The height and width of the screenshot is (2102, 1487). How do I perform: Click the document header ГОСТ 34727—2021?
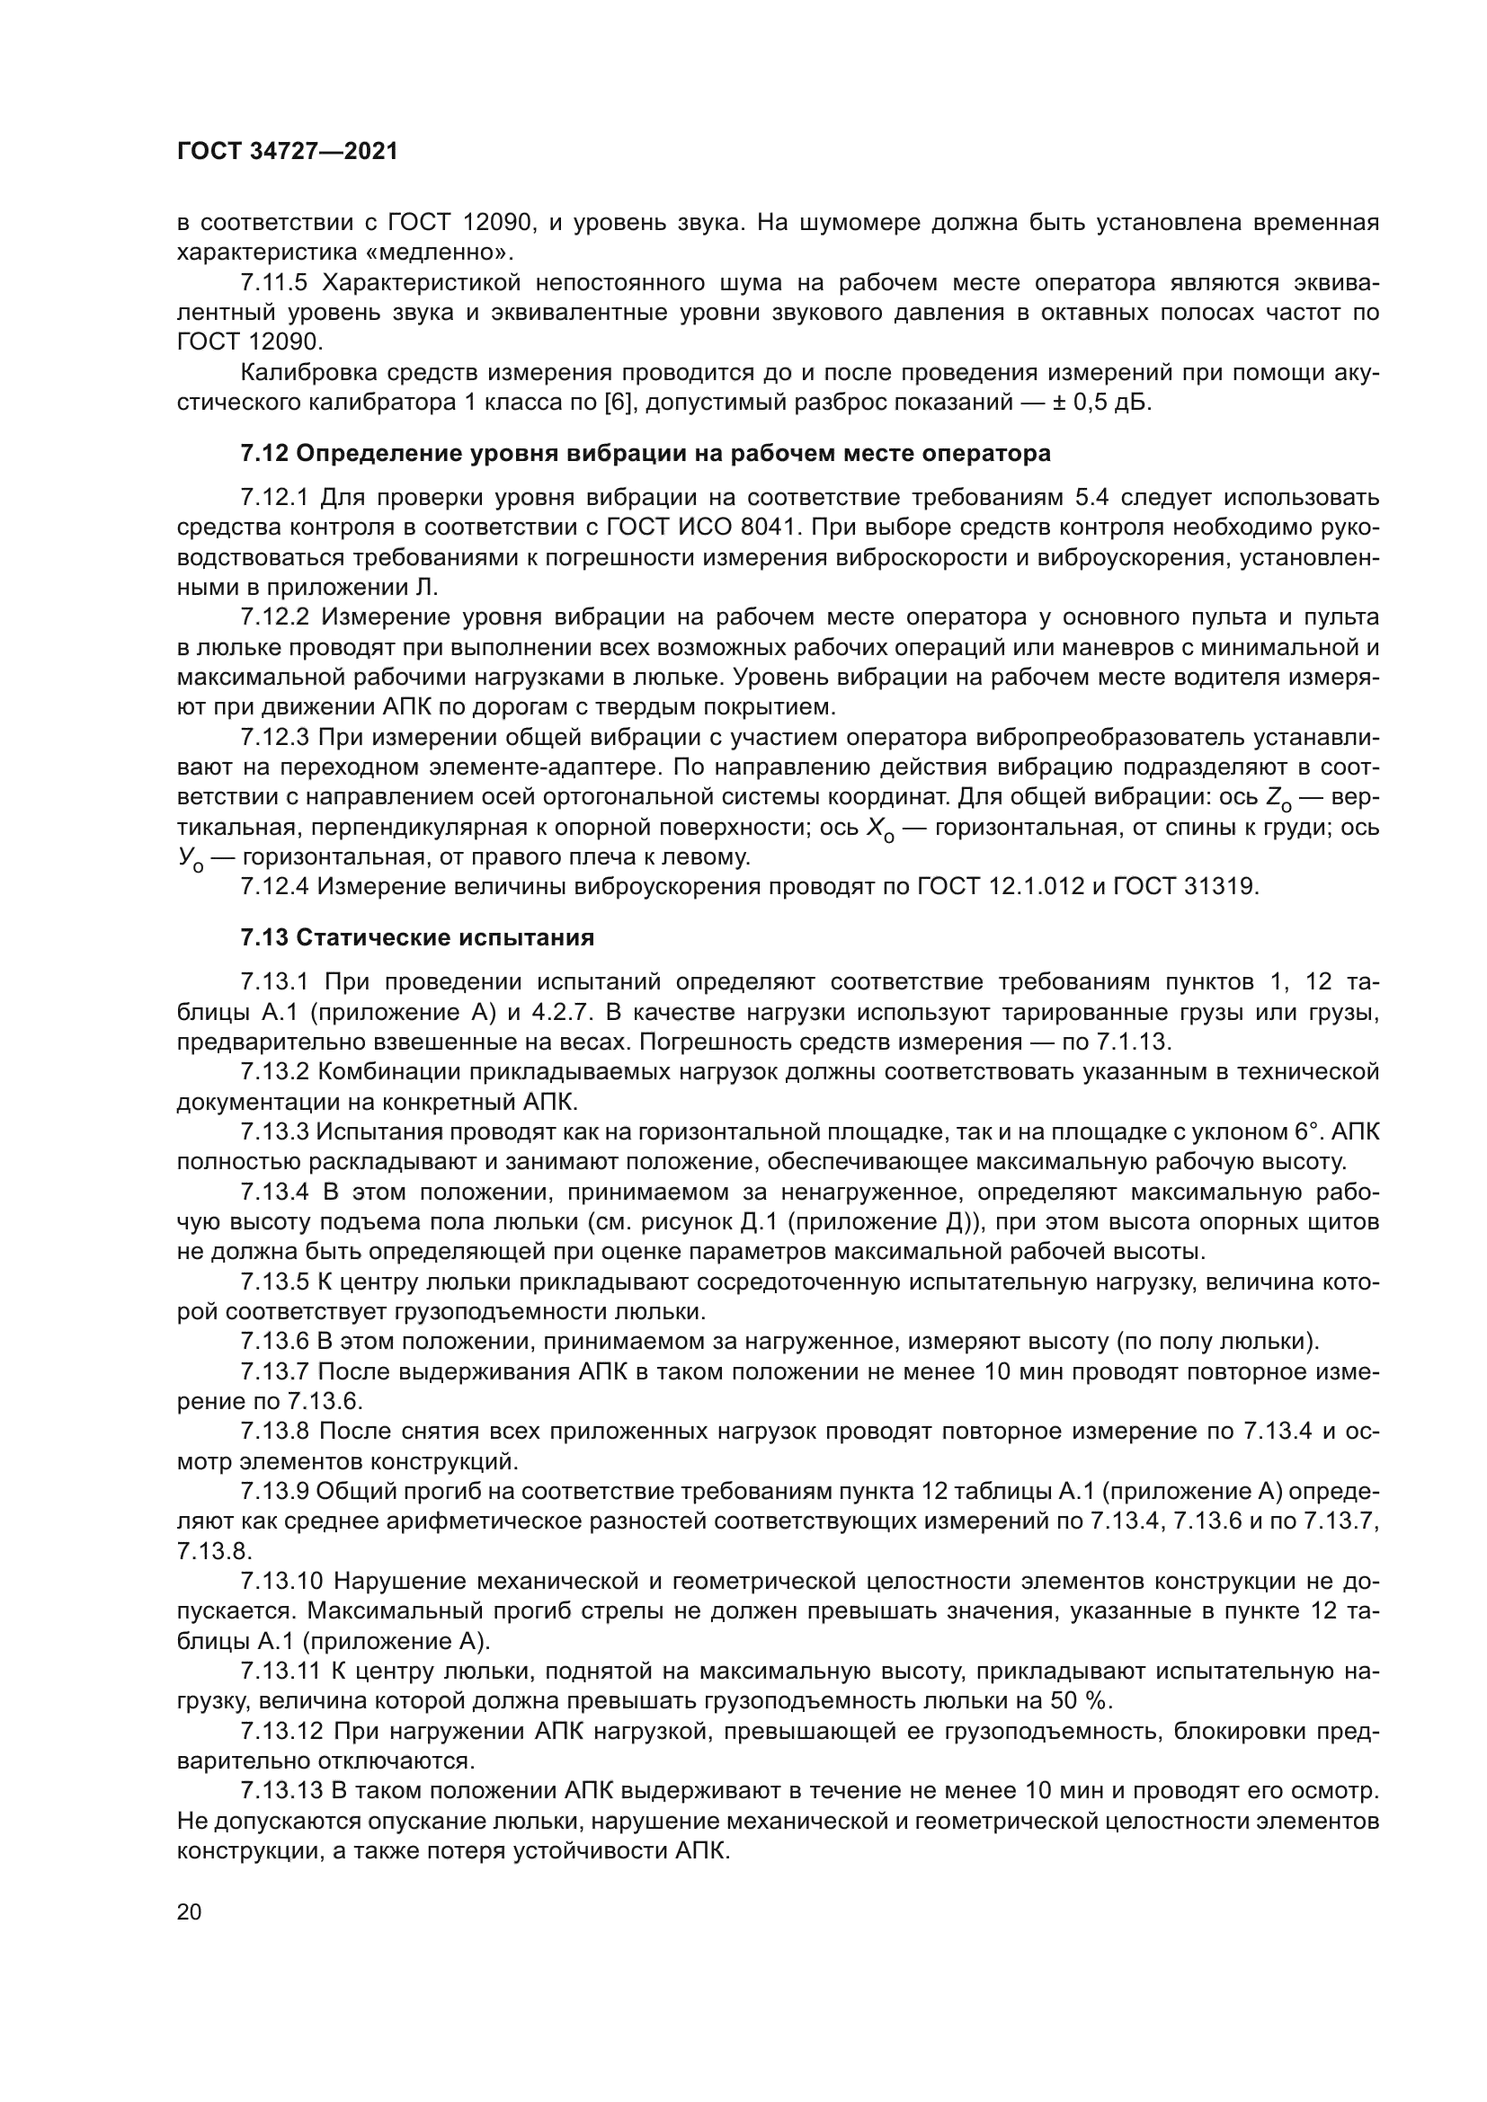(288, 152)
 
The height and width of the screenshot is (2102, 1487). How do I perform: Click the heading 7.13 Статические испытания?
(417, 937)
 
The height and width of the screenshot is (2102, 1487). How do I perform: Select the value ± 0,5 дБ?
(1099, 402)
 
